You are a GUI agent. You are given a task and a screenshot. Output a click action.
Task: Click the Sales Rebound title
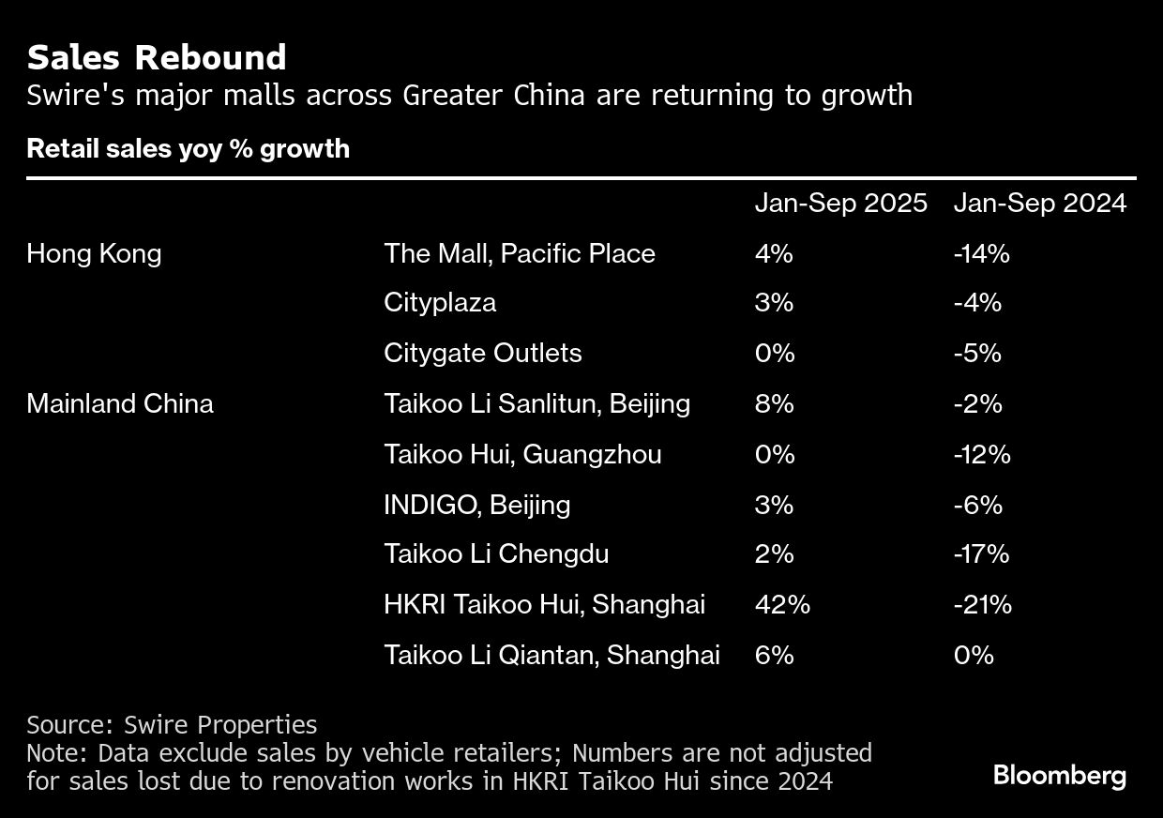pyautogui.click(x=157, y=58)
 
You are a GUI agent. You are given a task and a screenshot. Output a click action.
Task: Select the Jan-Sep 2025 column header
pyautogui.click(x=840, y=204)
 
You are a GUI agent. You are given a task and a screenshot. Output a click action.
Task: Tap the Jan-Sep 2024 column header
pyautogui.click(x=1039, y=204)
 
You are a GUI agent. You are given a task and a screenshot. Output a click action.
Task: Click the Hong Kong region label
pyautogui.click(x=94, y=253)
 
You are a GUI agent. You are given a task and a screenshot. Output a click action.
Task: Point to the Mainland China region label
pyautogui.click(x=120, y=403)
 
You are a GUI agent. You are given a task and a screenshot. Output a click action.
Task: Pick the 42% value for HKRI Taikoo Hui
pyautogui.click(x=782, y=604)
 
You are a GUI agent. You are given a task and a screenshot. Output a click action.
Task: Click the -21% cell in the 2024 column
pyautogui.click(x=982, y=604)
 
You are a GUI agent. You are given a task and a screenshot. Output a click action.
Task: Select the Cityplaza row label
pyautogui.click(x=440, y=303)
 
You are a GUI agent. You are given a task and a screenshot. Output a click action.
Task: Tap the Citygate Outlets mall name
pyautogui.click(x=482, y=353)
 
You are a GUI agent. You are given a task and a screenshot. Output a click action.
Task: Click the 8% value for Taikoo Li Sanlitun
pyautogui.click(x=774, y=403)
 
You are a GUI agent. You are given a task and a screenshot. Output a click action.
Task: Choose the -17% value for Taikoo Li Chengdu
pyautogui.click(x=981, y=553)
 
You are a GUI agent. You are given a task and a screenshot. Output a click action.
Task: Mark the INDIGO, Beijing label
pyautogui.click(x=476, y=505)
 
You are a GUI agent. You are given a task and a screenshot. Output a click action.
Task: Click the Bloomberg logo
pyautogui.click(x=1059, y=776)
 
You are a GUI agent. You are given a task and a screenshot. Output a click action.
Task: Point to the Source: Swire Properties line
pyautogui.click(x=172, y=725)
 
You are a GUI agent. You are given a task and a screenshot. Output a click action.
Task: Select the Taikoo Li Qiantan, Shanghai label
pyautogui.click(x=551, y=655)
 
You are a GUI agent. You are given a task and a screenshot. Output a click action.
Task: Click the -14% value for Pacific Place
pyautogui.click(x=981, y=253)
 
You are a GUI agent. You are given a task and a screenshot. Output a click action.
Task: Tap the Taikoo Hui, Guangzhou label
pyautogui.click(x=522, y=454)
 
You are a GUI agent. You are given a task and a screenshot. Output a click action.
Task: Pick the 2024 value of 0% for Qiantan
pyautogui.click(x=973, y=655)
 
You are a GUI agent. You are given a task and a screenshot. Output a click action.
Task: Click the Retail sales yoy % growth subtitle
pyautogui.click(x=188, y=149)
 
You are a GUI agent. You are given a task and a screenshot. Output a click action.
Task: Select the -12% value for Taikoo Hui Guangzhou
pyautogui.click(x=982, y=454)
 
